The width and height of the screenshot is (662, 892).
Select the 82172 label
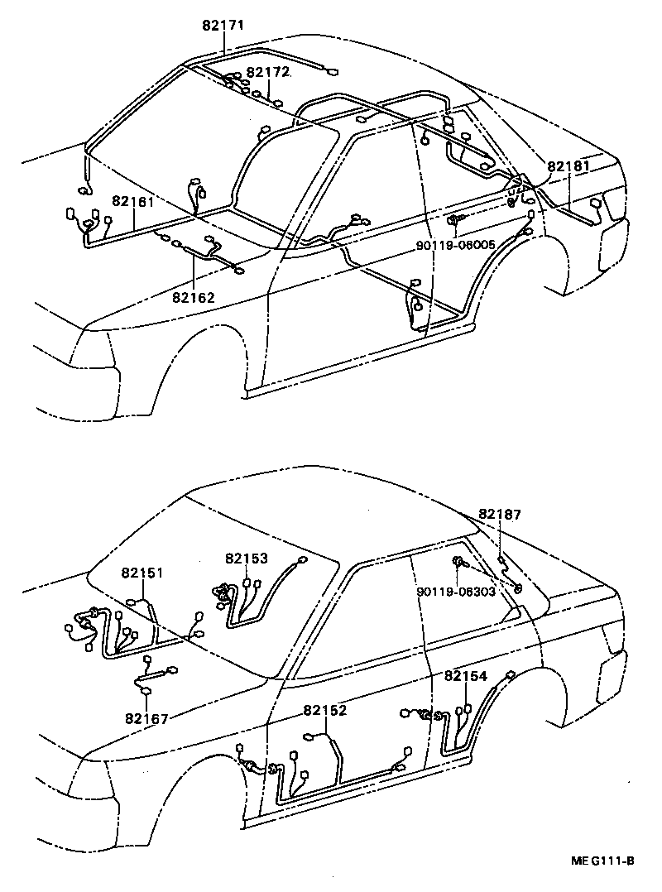point(268,72)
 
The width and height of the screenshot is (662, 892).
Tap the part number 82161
point(135,201)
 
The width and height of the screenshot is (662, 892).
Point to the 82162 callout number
point(194,295)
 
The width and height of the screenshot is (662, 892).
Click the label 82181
point(568,166)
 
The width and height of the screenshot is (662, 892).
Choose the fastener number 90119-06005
point(455,245)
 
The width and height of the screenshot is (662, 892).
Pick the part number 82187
point(500,514)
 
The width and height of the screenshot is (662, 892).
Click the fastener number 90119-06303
point(456,592)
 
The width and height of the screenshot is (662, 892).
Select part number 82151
point(142,573)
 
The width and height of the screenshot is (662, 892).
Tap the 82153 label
point(246,559)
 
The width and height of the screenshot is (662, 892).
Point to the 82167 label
point(147,718)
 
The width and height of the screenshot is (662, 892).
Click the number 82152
point(324,710)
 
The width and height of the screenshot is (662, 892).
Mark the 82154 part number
point(466,676)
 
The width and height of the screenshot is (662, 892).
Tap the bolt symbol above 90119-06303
point(458,564)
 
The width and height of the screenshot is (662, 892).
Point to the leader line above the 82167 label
point(147,699)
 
